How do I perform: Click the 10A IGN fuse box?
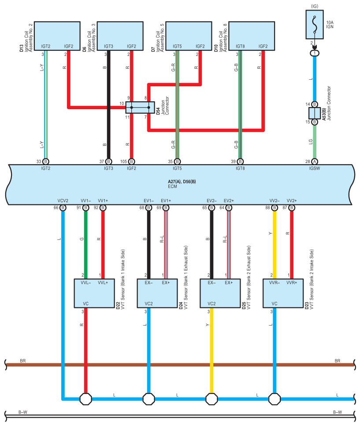(314, 25)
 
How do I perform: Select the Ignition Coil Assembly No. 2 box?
(57, 36)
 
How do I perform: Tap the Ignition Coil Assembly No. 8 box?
(252, 36)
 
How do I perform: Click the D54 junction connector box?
(140, 107)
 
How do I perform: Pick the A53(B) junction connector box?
(314, 113)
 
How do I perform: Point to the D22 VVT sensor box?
(94, 293)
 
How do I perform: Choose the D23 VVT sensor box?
(283, 293)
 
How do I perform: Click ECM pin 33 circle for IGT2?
(46, 161)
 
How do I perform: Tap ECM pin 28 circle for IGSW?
(314, 161)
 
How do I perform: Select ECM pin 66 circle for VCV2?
(63, 208)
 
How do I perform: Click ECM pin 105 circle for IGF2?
(131, 161)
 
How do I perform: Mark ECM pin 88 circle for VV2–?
(275, 208)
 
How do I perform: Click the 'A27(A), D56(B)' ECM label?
(182, 182)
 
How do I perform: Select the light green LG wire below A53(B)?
(314, 141)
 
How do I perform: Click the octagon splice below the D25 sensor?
(212, 399)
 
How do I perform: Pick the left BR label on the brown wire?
(23, 361)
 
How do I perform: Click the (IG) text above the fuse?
(314, 6)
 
